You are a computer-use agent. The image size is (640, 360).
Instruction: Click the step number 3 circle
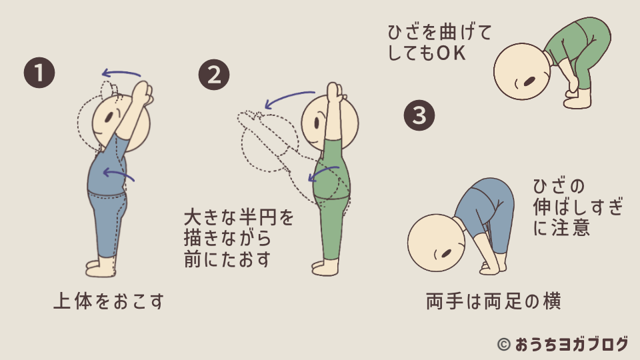pyautogui.click(x=419, y=115)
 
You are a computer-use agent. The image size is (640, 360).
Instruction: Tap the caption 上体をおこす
pyautogui.click(x=108, y=302)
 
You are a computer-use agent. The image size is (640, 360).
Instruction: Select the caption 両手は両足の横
pyautogui.click(x=493, y=302)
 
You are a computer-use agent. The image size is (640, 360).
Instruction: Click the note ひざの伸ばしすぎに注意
pyautogui.click(x=578, y=207)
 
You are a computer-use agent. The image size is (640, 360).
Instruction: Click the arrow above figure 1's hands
pyautogui.click(x=121, y=73)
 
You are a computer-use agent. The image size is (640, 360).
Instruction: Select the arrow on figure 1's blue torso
pyautogui.click(x=118, y=175)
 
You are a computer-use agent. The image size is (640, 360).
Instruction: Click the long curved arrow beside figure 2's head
pyautogui.click(x=289, y=99)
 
